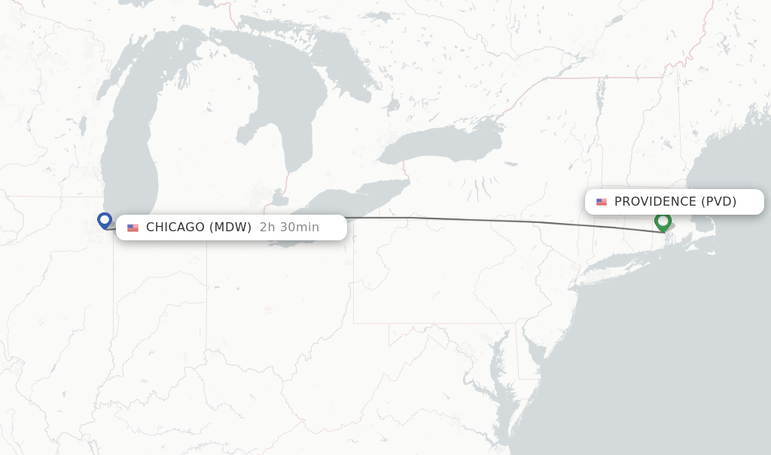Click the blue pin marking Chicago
(x=105, y=220)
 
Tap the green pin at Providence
(x=663, y=221)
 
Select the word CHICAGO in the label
(x=175, y=227)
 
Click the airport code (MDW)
(x=230, y=227)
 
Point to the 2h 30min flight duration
(x=289, y=227)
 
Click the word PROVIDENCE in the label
(x=655, y=202)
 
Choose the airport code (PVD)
(x=718, y=202)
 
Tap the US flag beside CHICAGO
(x=133, y=228)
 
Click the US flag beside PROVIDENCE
(x=602, y=202)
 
